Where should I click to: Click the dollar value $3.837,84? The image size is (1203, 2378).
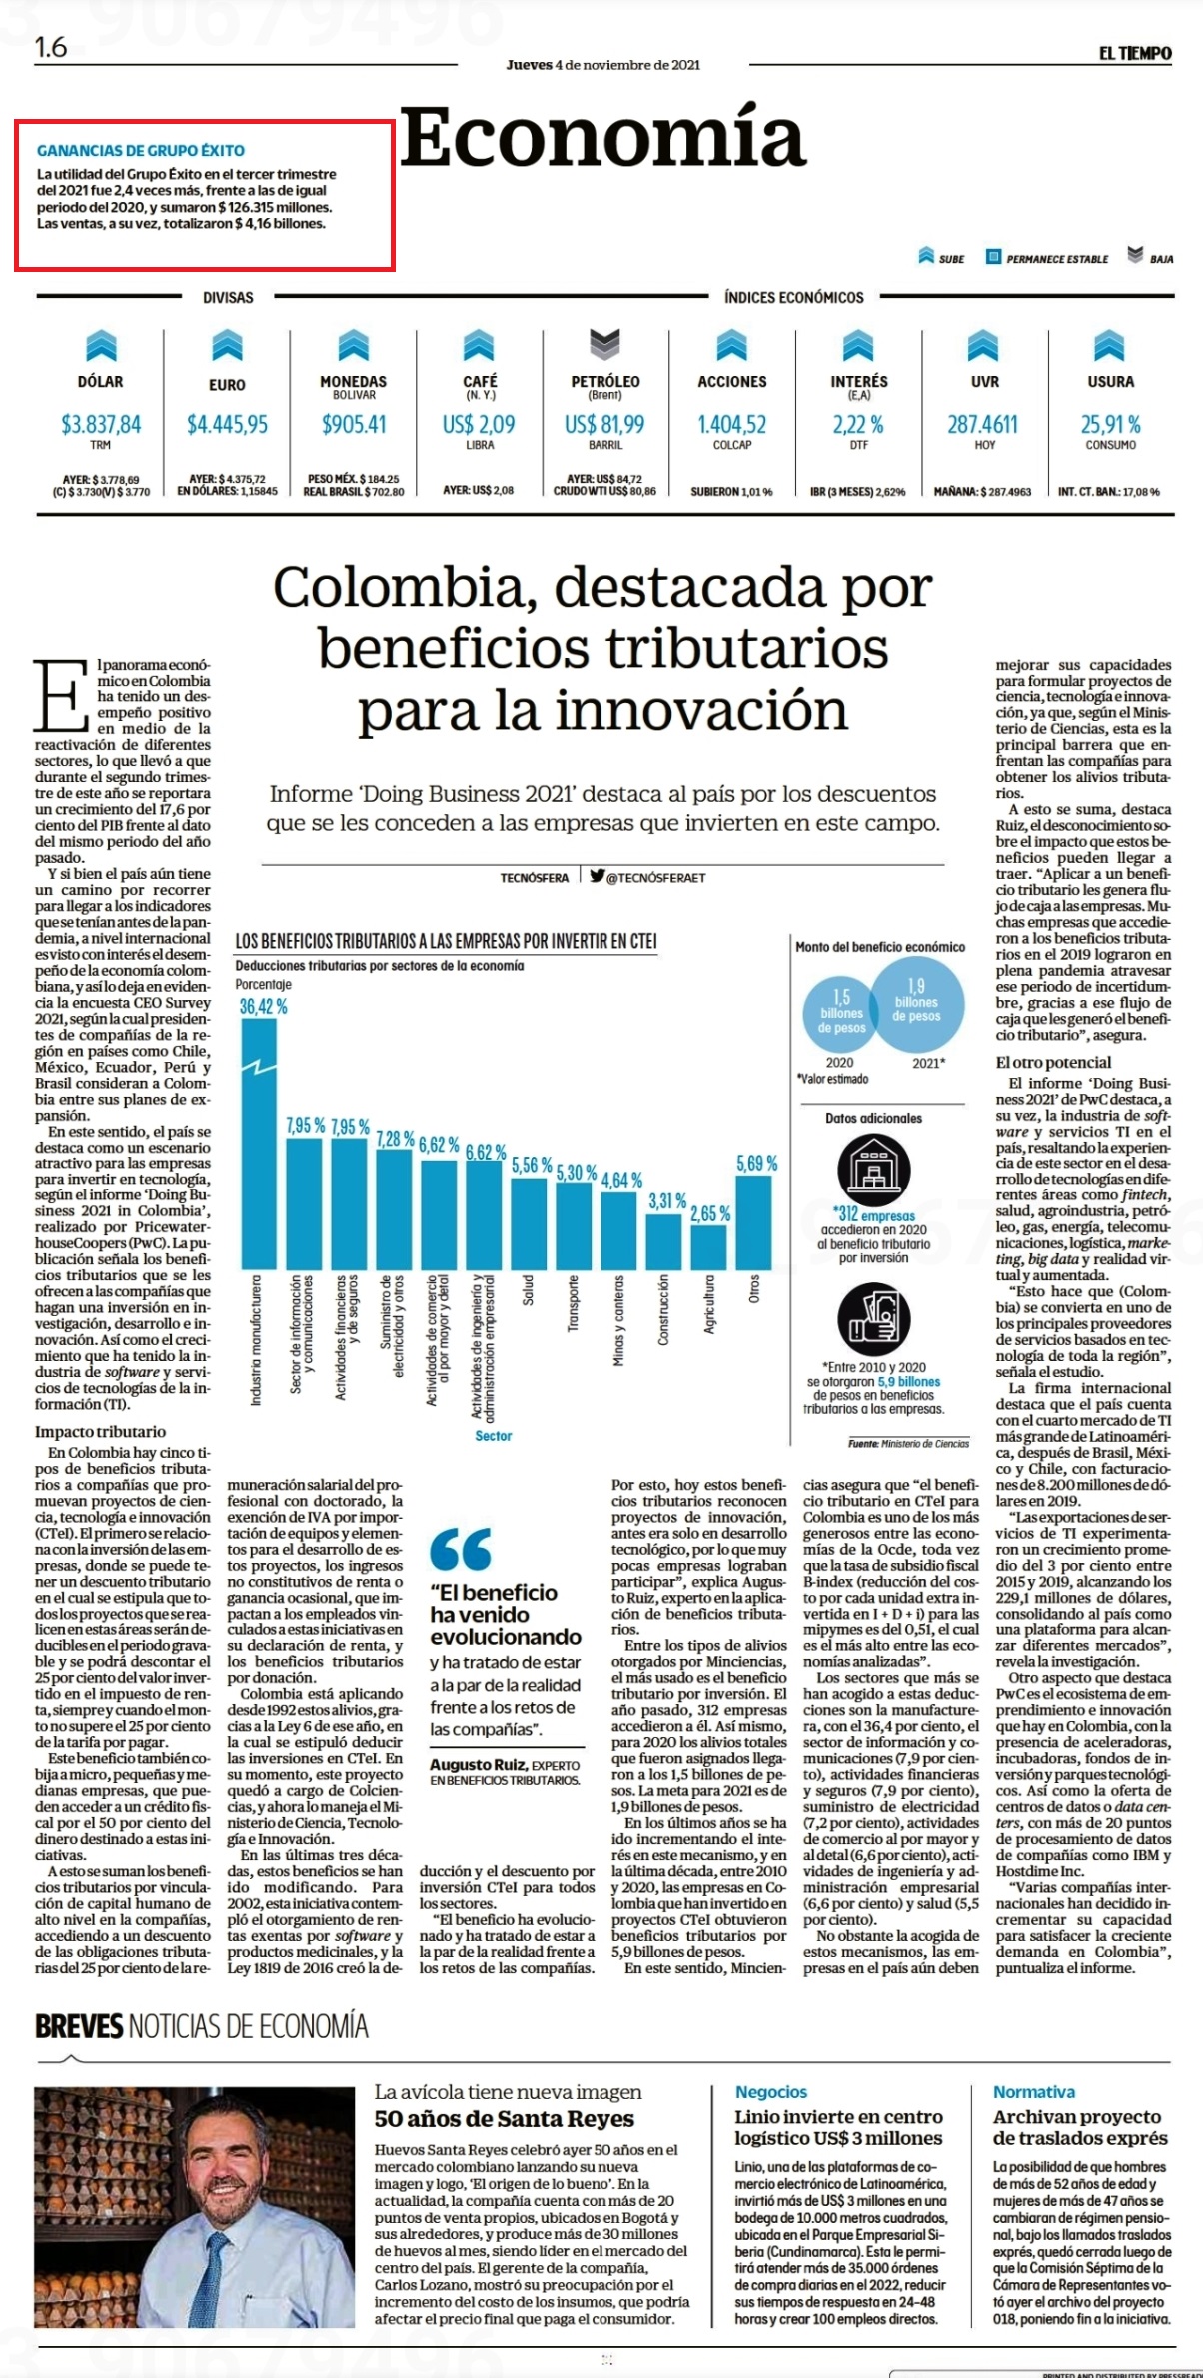(101, 424)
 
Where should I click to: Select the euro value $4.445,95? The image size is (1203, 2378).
(228, 424)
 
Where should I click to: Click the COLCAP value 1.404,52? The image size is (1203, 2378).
(732, 424)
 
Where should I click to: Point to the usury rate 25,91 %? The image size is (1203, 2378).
(1110, 424)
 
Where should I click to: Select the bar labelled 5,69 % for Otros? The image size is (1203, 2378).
(754, 1222)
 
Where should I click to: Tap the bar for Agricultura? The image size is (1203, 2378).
(709, 1247)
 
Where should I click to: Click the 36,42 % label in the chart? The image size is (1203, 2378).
(263, 1006)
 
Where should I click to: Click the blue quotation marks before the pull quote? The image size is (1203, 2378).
(461, 1549)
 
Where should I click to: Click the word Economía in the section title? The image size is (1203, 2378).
(603, 138)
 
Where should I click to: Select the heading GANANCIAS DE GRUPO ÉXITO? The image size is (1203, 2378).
(141, 151)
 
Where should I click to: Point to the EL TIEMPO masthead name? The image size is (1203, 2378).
(1135, 54)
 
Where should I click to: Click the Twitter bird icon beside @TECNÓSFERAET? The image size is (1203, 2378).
(598, 876)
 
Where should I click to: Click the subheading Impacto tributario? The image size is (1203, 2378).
(101, 1432)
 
